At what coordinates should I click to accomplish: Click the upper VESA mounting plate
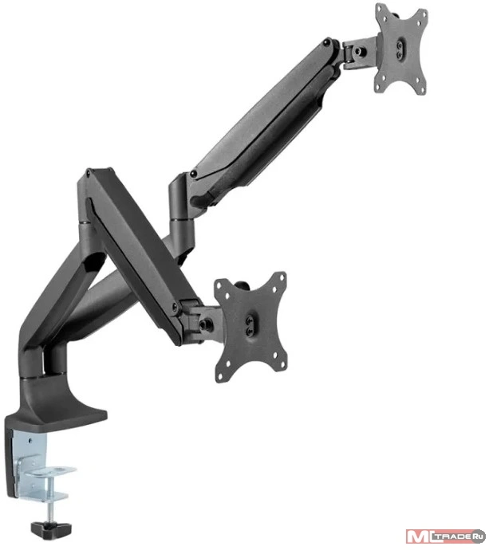401,49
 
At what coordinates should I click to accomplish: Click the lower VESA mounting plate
251,326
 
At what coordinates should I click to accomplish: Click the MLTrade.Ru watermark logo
445,536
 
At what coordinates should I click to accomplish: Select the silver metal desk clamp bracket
38,466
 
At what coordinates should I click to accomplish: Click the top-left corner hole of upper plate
384,10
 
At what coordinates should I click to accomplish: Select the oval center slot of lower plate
250,326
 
